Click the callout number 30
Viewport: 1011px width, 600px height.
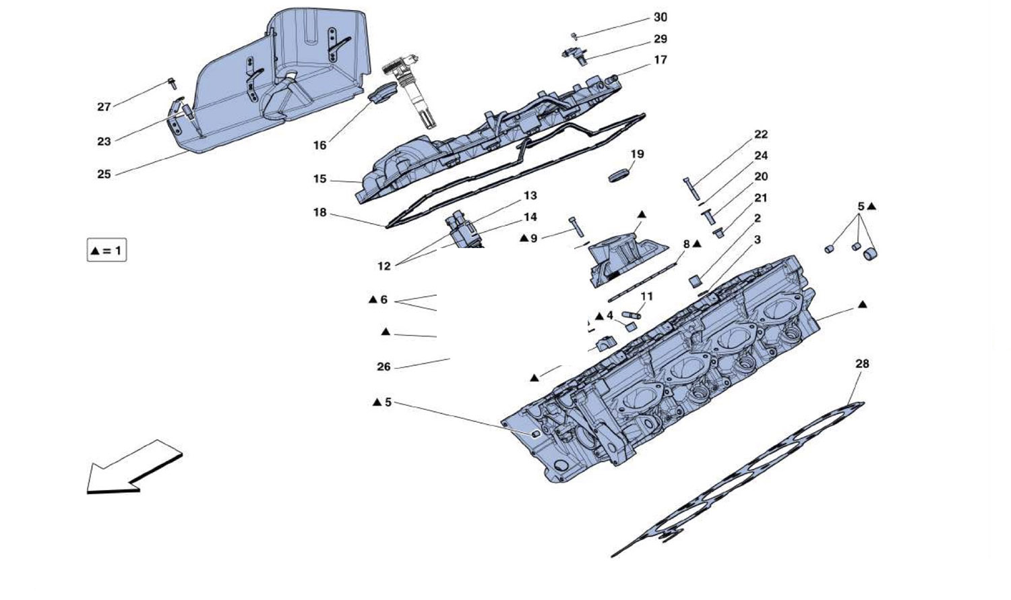660,18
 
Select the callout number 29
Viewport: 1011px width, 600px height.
660,39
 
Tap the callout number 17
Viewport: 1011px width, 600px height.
661,60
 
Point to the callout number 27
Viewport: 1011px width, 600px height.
104,107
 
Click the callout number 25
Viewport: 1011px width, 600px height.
104,174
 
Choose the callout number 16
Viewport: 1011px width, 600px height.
319,145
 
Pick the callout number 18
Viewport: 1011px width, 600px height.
319,212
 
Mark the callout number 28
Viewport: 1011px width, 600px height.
862,364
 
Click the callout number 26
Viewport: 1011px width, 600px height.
384,367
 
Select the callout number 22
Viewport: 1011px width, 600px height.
761,134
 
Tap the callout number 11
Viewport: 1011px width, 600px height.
647,296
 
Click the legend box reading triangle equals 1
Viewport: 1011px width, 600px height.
106,251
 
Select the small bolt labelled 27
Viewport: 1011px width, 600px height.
171,84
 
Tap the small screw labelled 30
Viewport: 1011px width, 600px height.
574,34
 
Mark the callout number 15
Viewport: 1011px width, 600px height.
319,179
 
